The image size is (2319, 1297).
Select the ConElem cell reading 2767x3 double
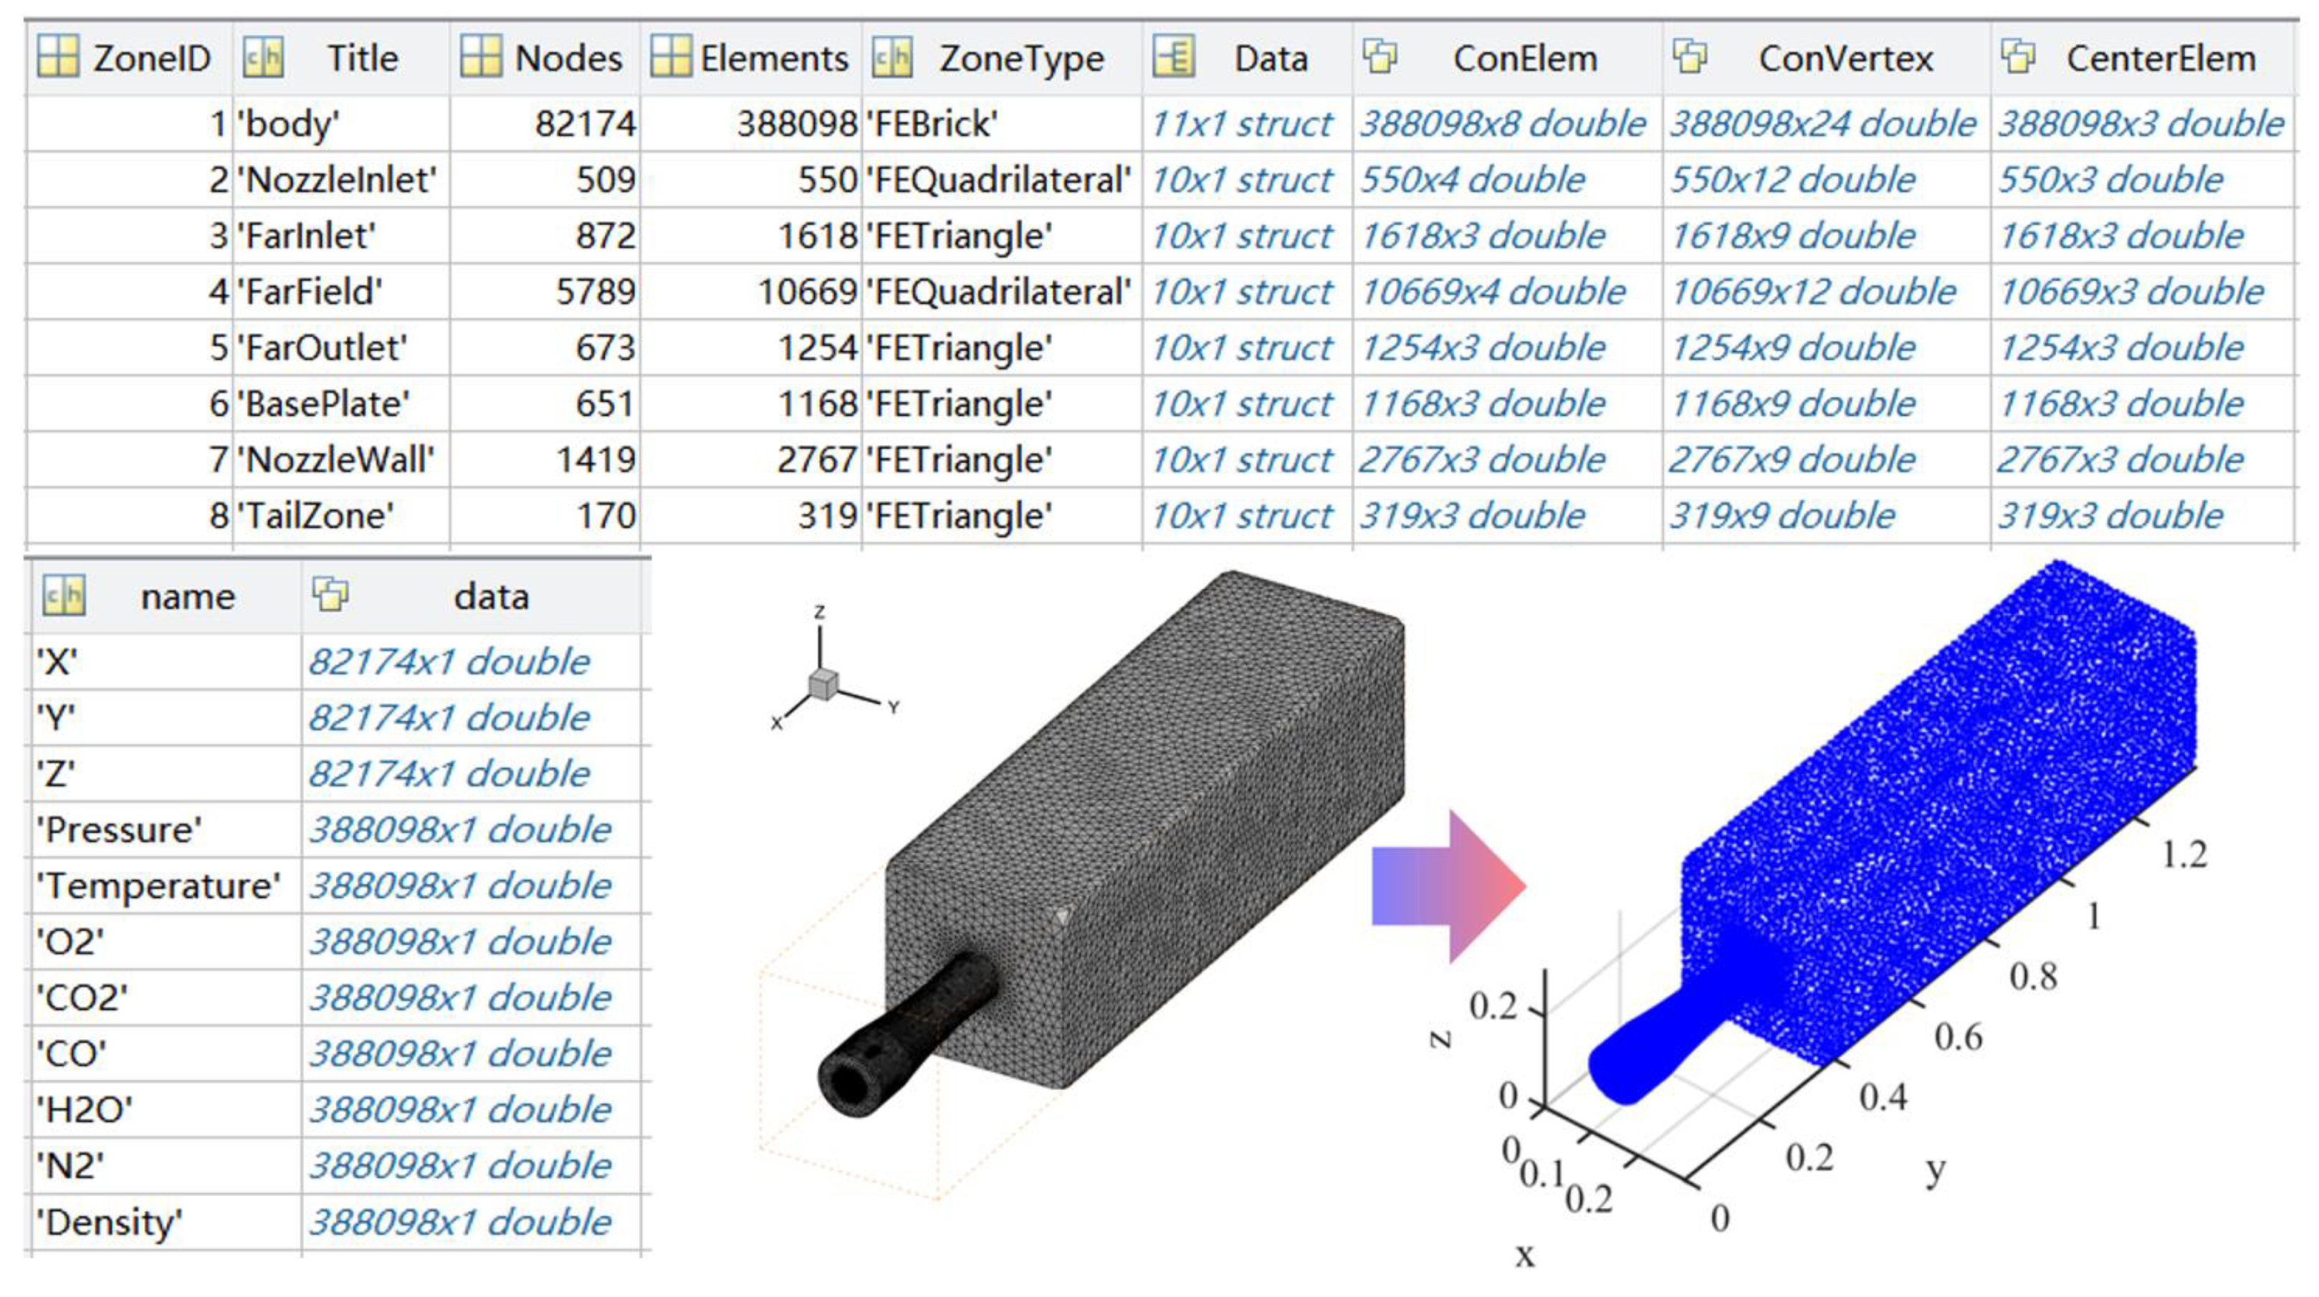1482,460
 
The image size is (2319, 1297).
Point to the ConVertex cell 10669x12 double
1813,292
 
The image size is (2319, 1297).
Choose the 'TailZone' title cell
316,516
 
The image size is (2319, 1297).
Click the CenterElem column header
2160,59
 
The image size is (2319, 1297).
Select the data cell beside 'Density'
460,1221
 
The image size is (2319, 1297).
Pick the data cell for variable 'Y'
449,717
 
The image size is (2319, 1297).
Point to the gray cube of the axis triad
823,684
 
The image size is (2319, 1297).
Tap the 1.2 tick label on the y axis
2185,854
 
